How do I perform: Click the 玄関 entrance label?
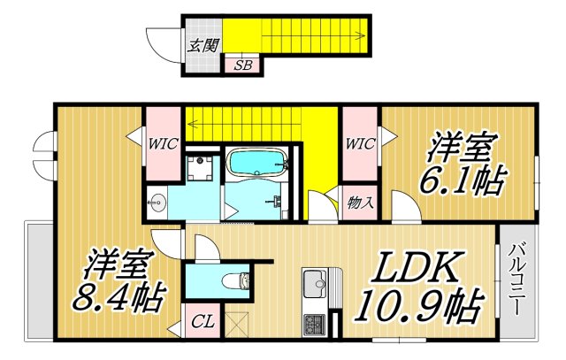(202, 45)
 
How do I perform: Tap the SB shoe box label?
(241, 65)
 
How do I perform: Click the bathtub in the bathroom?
(257, 163)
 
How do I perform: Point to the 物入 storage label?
(360, 202)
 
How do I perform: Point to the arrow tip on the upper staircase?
(365, 36)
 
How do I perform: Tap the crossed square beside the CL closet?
(238, 323)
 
